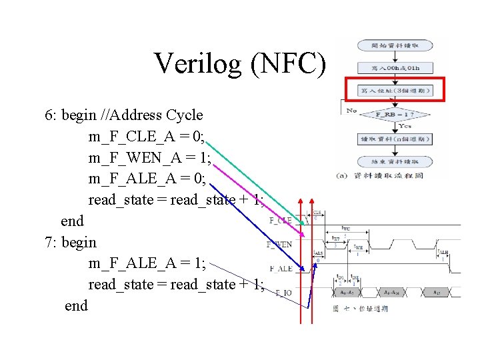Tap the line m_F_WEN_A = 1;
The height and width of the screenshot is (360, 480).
(x=149, y=157)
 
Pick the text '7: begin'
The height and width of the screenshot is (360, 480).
(x=71, y=242)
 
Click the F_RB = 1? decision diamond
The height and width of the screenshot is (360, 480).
(x=395, y=115)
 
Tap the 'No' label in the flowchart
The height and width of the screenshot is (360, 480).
(x=351, y=111)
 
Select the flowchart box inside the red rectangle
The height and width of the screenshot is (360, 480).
(x=395, y=90)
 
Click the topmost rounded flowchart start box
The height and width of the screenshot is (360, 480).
(x=395, y=45)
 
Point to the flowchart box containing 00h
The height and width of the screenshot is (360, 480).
(x=395, y=67)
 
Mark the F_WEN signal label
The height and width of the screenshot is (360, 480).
(x=279, y=245)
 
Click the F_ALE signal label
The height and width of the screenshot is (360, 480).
(x=280, y=269)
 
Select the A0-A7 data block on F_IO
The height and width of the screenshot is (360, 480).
(x=347, y=293)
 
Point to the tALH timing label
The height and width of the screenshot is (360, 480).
(x=443, y=252)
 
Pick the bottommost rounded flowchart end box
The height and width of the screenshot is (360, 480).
(x=395, y=161)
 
